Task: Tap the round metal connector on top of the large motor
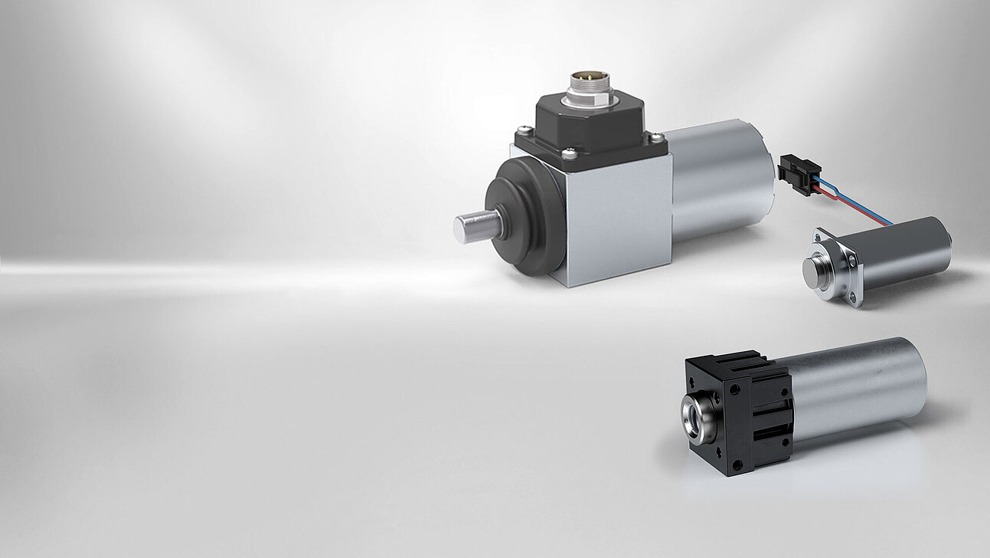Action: (x=584, y=90)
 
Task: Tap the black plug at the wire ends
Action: (x=799, y=169)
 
